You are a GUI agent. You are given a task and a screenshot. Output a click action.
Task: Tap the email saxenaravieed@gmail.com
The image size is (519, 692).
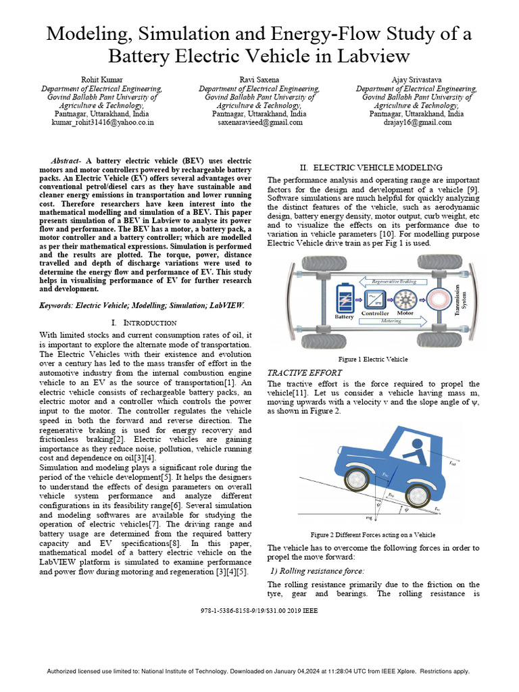tap(259, 123)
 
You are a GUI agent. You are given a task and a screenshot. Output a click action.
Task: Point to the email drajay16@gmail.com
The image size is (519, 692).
tap(417, 123)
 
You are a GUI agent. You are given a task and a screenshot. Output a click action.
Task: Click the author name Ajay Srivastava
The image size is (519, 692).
tap(417, 80)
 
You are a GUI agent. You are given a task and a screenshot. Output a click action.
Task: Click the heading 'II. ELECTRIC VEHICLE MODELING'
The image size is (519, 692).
tap(371, 167)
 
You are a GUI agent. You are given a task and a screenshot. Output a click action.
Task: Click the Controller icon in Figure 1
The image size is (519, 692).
tap(375, 298)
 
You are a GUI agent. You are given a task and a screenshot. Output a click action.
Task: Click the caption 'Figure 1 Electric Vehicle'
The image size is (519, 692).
tap(373, 359)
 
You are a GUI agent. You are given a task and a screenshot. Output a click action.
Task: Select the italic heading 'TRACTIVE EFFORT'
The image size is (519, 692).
tap(305, 372)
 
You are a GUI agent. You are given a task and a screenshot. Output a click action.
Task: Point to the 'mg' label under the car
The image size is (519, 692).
tap(368, 517)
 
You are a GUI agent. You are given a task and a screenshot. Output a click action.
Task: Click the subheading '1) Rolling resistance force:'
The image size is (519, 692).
tap(318, 571)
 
